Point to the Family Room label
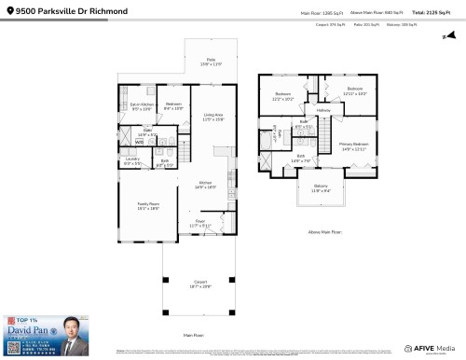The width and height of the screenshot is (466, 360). coord(149,206)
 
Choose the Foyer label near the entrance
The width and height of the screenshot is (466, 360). coord(199,224)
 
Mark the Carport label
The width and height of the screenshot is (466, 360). coord(199,284)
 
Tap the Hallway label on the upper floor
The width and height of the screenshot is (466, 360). coord(323,111)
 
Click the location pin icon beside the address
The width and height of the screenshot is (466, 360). coord(7,11)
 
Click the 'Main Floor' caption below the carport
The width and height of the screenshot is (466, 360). coord(193,334)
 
